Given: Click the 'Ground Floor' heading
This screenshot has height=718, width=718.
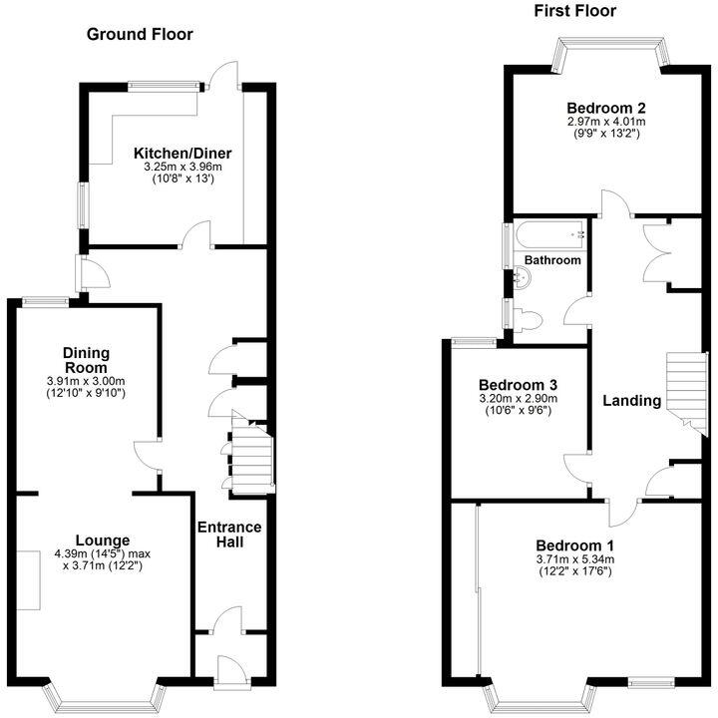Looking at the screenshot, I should [140, 35].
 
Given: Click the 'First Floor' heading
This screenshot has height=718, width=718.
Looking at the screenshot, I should [574, 12].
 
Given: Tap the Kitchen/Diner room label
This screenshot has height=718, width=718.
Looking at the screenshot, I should [183, 153].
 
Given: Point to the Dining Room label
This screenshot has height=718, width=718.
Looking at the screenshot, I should [86, 360].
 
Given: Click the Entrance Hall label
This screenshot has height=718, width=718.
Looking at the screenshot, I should [228, 535].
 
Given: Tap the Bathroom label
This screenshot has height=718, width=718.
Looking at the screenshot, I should [552, 260].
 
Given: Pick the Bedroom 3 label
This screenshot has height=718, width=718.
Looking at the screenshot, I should [517, 385].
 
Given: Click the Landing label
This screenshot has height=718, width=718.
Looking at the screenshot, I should [632, 401].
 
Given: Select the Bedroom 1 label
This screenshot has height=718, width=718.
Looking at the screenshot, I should [574, 545].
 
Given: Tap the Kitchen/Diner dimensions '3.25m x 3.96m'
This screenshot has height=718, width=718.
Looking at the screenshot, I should [183, 168].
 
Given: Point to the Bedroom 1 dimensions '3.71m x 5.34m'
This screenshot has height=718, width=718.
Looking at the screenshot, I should [574, 559].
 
